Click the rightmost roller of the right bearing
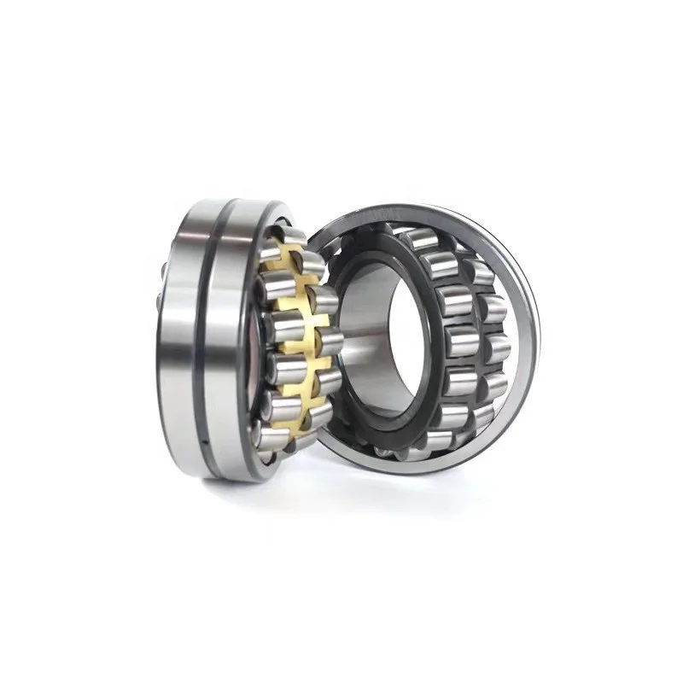[x=495, y=341]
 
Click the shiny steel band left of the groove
[x=184, y=341]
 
